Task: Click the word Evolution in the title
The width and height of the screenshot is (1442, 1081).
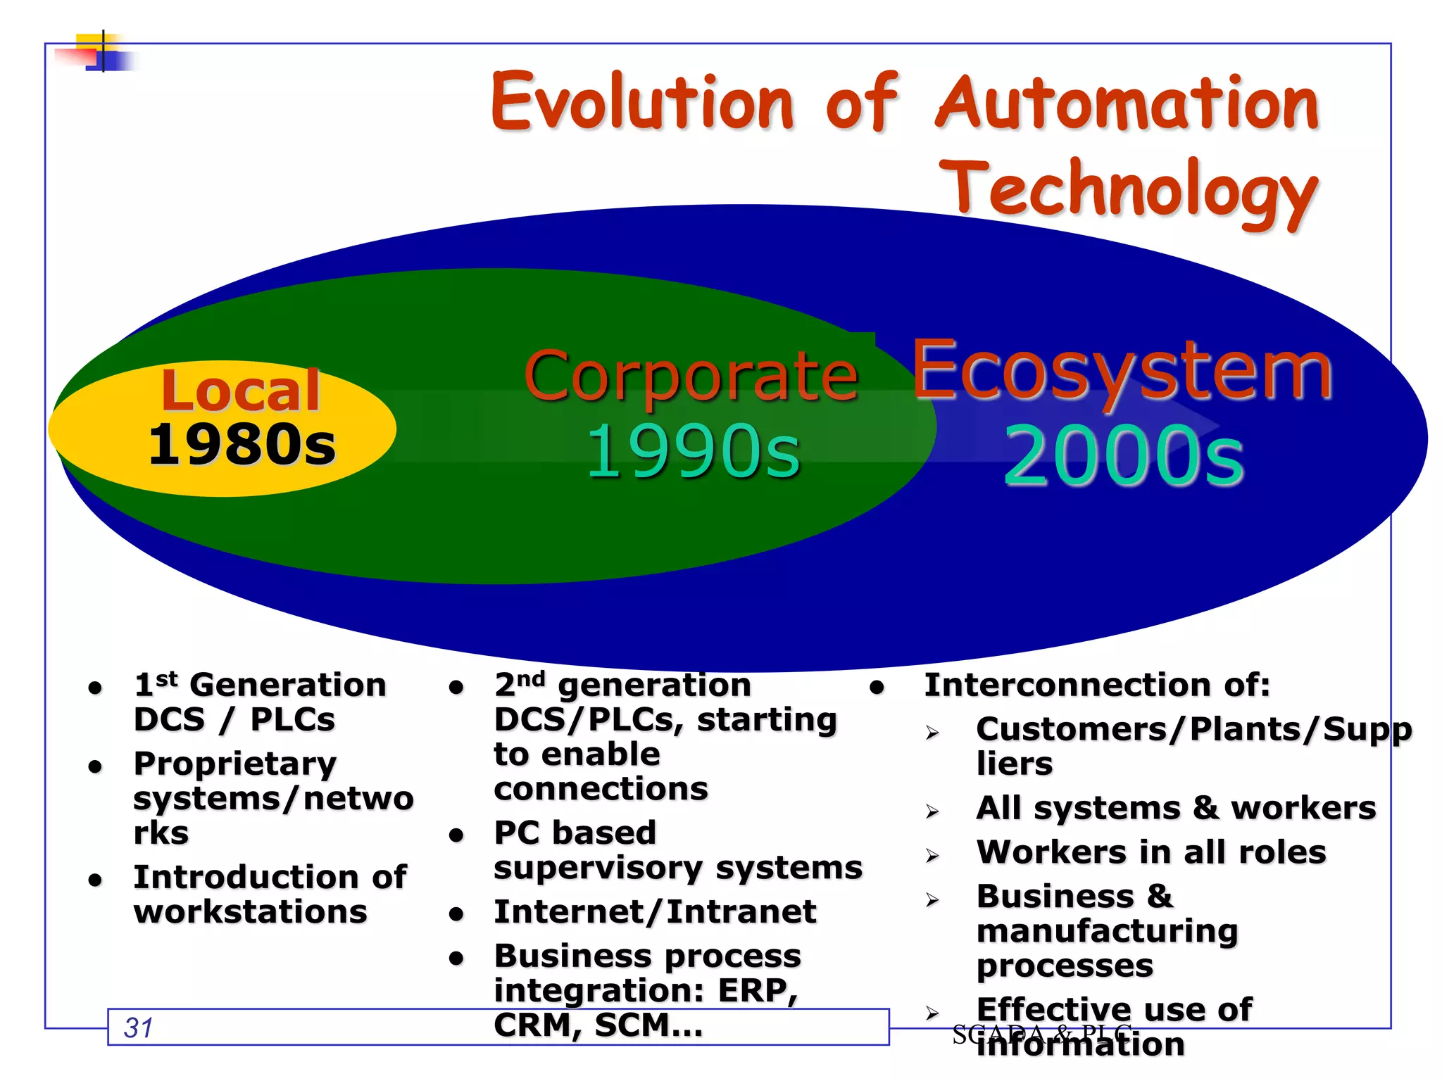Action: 642,103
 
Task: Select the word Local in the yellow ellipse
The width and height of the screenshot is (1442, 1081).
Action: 240,391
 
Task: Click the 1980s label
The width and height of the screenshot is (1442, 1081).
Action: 242,445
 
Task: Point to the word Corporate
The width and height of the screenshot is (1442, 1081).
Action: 691,377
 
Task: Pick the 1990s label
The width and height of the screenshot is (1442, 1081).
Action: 693,452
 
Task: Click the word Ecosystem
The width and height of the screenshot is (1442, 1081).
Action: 1122,372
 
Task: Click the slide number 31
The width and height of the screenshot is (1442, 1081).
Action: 138,1028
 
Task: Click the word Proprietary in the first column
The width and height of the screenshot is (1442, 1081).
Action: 235,764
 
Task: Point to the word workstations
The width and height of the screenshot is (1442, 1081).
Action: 250,912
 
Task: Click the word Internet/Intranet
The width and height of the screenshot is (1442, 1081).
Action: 655,912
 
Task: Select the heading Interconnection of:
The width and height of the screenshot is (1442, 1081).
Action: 1097,685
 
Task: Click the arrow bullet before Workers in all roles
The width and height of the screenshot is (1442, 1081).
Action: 932,856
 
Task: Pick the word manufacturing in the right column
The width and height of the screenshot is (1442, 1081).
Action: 1107,931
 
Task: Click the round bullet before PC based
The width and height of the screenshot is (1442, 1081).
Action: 456,835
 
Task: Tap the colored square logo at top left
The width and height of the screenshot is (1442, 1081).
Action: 99,51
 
